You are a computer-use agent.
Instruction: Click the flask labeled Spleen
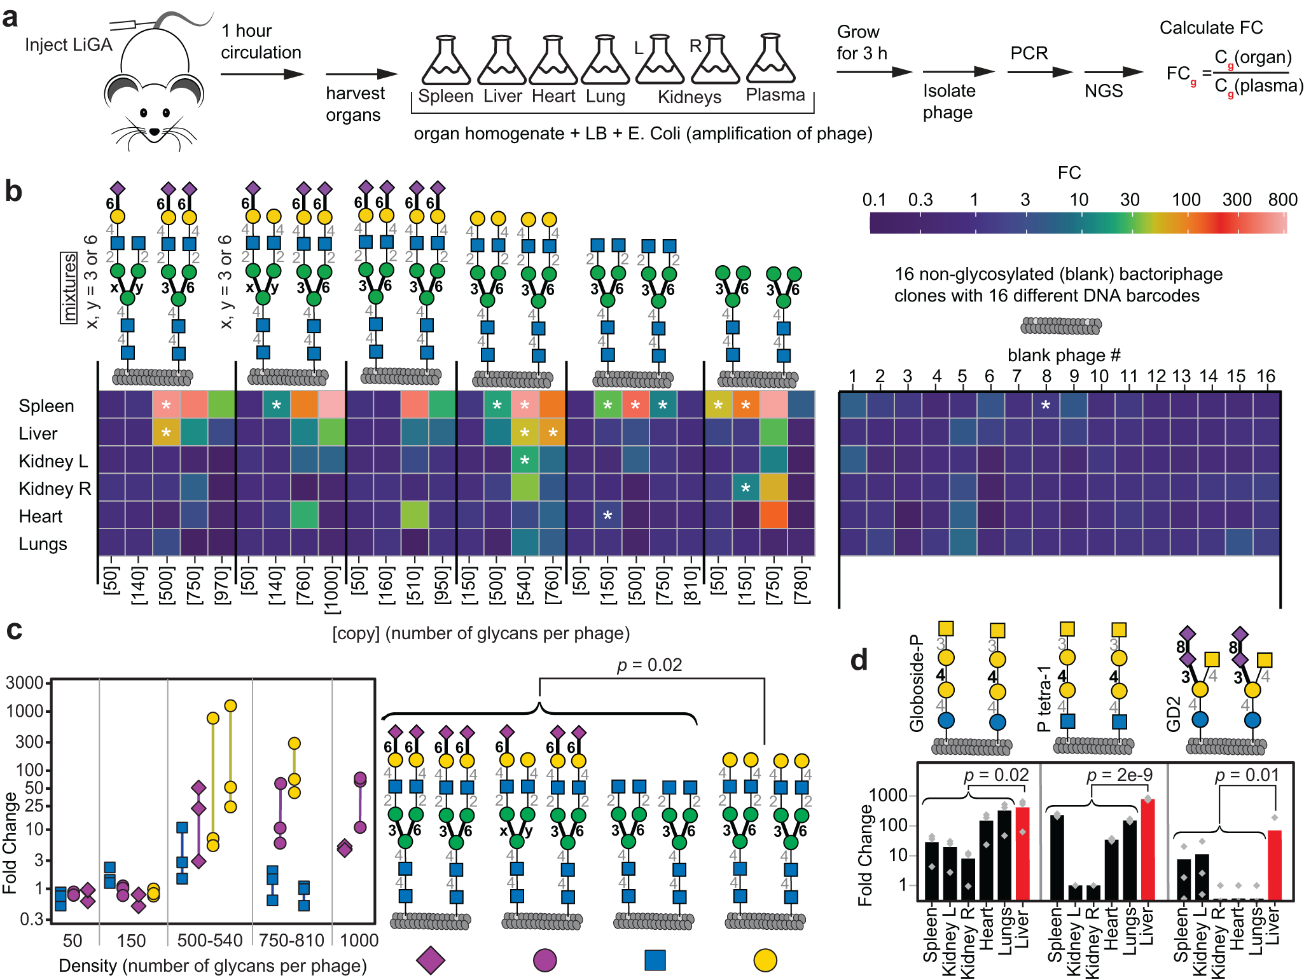click(x=446, y=62)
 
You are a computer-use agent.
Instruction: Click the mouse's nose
click(x=155, y=132)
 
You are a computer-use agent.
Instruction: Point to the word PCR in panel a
click(x=1029, y=53)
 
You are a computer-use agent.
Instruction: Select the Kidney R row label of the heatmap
click(x=55, y=488)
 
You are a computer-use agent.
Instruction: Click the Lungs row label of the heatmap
click(x=43, y=544)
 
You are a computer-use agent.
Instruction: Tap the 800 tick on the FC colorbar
click(x=1282, y=200)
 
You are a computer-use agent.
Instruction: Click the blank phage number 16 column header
click(x=1266, y=376)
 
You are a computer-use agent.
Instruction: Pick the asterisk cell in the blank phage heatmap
click(x=1046, y=405)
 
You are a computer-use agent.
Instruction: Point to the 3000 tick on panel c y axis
click(x=24, y=683)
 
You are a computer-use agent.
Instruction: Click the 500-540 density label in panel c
click(x=210, y=940)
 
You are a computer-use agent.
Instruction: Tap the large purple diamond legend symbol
click(x=431, y=960)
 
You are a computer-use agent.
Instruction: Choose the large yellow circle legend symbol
click(x=765, y=960)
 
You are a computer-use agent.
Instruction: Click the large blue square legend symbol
click(x=655, y=960)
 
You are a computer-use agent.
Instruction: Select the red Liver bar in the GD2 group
click(x=1274, y=865)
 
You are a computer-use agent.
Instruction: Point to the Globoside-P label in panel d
click(x=916, y=682)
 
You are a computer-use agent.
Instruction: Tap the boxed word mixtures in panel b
click(x=69, y=287)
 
